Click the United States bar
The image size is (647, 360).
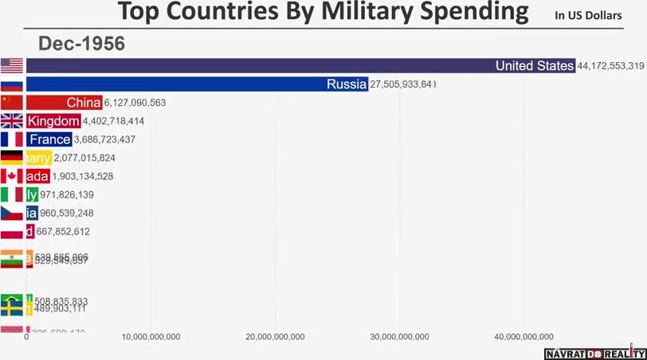click(300, 66)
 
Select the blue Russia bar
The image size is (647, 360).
click(196, 84)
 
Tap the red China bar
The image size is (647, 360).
click(64, 102)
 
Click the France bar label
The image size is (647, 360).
click(49, 139)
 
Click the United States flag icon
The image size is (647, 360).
click(11, 66)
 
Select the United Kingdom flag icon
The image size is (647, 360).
click(11, 121)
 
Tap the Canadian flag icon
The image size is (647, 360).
click(11, 176)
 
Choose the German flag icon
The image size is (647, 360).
click(11, 158)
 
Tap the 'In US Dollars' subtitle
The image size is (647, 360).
click(588, 15)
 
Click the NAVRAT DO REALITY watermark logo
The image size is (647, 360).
click(595, 353)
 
